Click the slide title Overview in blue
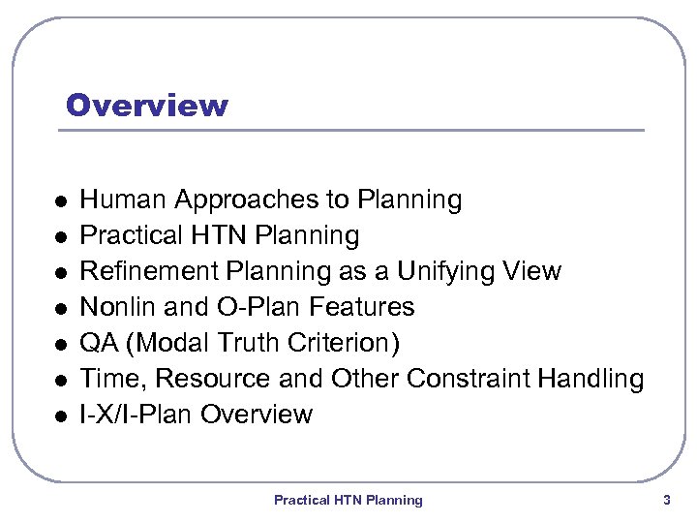[x=147, y=105]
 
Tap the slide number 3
[x=666, y=500]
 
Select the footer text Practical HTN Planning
[x=348, y=500]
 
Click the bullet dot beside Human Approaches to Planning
[x=59, y=201]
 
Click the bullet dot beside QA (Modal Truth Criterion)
[x=59, y=345]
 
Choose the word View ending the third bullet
[x=531, y=271]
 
